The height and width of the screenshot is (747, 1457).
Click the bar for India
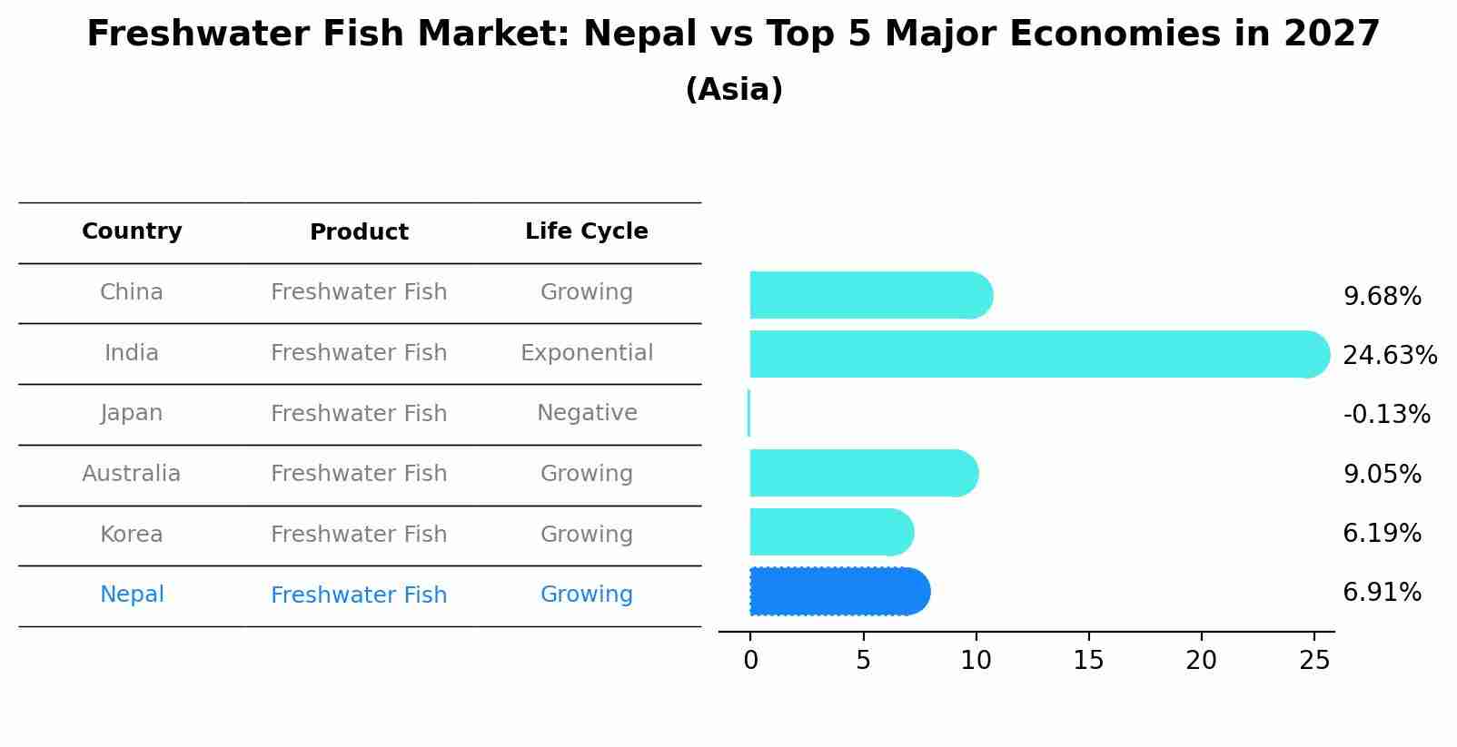(x=1036, y=354)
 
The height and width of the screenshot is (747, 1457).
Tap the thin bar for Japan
(x=748, y=413)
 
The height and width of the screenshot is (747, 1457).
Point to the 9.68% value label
(x=1382, y=297)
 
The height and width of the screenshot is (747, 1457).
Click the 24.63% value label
(x=1389, y=355)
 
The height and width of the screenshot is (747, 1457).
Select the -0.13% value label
(x=1386, y=415)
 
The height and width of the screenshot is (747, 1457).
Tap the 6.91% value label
(x=1382, y=593)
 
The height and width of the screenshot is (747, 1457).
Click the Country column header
(x=132, y=231)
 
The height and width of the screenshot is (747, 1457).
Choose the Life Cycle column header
(x=586, y=231)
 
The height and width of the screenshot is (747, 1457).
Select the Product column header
(x=359, y=232)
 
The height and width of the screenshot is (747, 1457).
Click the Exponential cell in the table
(x=586, y=353)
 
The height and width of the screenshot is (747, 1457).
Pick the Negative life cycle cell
(x=586, y=413)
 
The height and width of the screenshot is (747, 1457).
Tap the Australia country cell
(x=132, y=474)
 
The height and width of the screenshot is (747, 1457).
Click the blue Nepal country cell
(x=132, y=595)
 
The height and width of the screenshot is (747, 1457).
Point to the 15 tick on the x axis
(x=1088, y=661)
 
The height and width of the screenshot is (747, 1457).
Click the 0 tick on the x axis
(x=750, y=661)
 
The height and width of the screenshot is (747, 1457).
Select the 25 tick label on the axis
(x=1313, y=661)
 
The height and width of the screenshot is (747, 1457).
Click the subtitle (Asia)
(x=734, y=90)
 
